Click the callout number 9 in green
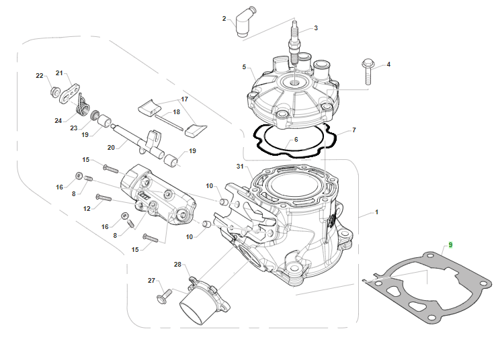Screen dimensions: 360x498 point(450,245)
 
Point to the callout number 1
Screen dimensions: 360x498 point(377,212)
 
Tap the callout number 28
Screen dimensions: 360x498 point(178,264)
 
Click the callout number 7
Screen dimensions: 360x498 point(354,129)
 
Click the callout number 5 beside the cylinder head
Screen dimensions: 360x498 point(245,67)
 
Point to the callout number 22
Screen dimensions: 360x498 point(39,75)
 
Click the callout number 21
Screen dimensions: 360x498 point(59,73)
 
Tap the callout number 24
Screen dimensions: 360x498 point(58,121)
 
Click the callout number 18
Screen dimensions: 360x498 point(177,112)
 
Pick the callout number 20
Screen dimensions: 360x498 point(112,147)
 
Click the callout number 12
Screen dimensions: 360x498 point(87,209)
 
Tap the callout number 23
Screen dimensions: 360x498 point(74,127)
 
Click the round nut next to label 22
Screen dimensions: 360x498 point(54,90)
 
